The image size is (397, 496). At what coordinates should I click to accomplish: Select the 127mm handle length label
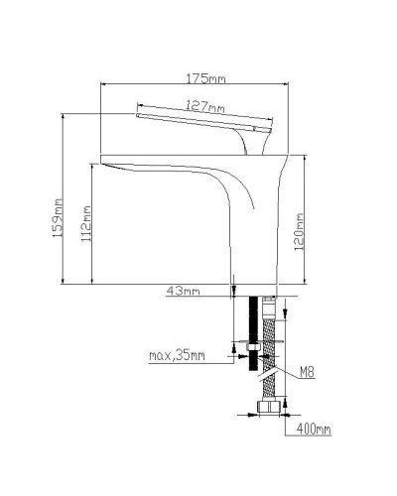[205, 105]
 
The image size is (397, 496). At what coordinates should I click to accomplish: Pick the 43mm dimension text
[184, 291]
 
